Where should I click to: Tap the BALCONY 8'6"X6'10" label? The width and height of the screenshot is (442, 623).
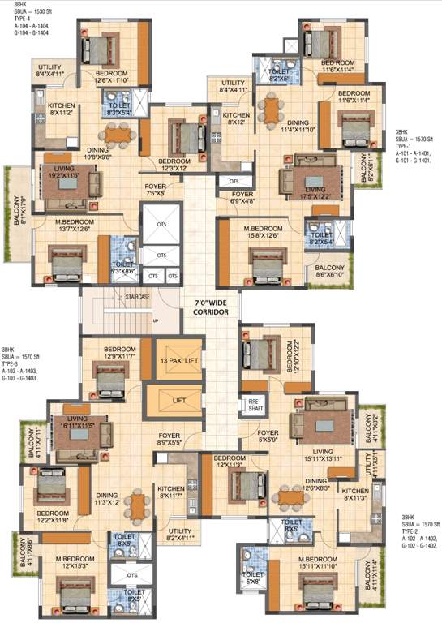coord(330,272)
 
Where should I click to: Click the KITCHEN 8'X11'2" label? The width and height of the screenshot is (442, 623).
coord(61,110)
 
